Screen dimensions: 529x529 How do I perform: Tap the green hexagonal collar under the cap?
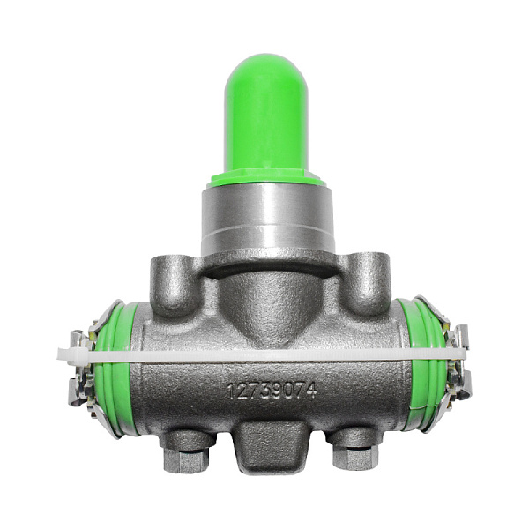[x=266, y=179]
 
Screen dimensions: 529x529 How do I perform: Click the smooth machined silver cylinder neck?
[x=268, y=219]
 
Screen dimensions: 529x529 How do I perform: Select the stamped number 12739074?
[x=272, y=391]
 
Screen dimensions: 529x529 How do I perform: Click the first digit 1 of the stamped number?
[x=231, y=391]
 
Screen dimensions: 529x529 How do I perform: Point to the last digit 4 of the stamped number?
[x=312, y=391]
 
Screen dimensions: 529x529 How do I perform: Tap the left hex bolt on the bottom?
[x=186, y=460]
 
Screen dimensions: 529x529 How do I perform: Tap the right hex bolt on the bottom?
[x=355, y=458]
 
